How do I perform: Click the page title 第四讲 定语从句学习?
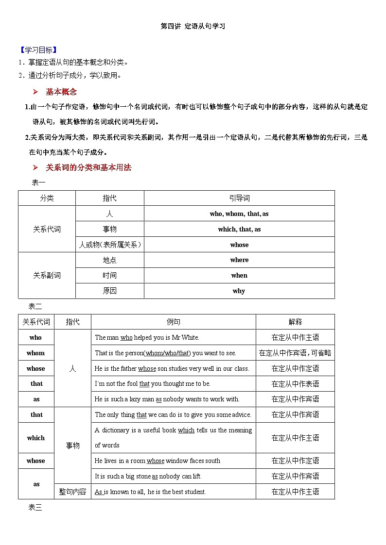[193, 26]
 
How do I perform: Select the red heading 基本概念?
[61, 92]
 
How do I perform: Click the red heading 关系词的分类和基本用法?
[88, 167]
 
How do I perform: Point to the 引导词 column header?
[239, 198]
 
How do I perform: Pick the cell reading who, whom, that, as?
[239, 214]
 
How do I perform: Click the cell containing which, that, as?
[239, 229]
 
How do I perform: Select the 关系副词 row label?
[47, 275]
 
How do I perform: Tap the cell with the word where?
[239, 260]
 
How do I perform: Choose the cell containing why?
[239, 291]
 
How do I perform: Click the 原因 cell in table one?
[110, 291]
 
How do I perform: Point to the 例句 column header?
[174, 322]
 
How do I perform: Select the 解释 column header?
[295, 322]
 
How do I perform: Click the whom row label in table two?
[35, 353]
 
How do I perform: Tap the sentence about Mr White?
[147, 337]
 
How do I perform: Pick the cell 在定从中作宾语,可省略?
[295, 353]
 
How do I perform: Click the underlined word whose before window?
[156, 461]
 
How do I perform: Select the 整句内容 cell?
[72, 492]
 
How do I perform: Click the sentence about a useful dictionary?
[174, 437]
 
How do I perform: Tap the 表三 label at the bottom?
[35, 508]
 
